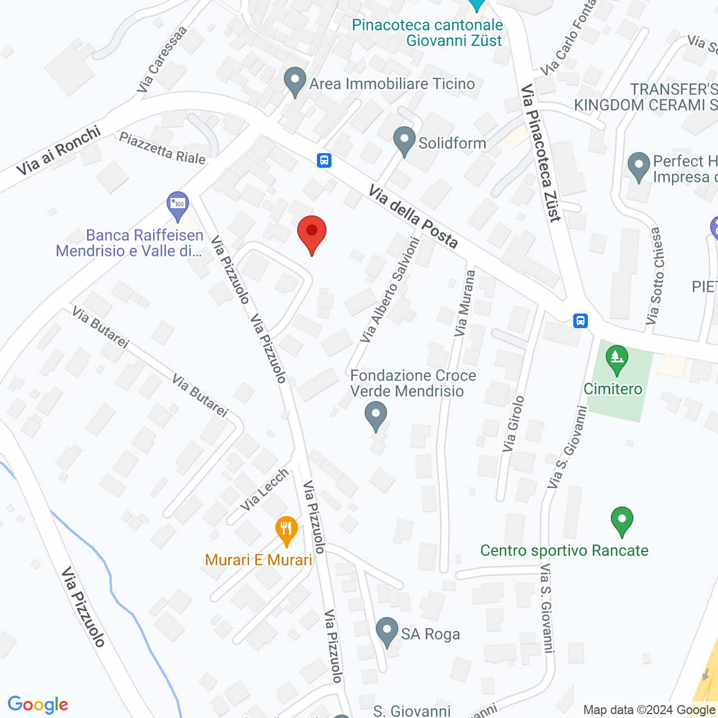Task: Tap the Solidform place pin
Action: pos(404,141)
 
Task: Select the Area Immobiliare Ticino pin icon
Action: pos(295,82)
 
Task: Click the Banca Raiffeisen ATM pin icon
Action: pos(178,206)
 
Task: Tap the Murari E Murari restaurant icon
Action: pos(286,530)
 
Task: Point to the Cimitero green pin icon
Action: pos(616,360)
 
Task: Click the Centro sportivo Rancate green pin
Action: pos(622,521)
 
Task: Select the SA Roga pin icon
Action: pos(386,632)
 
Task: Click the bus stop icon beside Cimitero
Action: pos(581,320)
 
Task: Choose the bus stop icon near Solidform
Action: pos(324,160)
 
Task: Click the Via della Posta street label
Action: pos(413,217)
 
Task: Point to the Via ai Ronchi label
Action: pos(58,150)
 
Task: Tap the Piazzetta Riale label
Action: pos(163,148)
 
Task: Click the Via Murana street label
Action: pos(465,303)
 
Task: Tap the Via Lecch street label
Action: pos(265,490)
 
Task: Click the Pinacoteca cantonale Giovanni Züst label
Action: pos(427,33)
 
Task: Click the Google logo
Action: pos(38,705)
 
